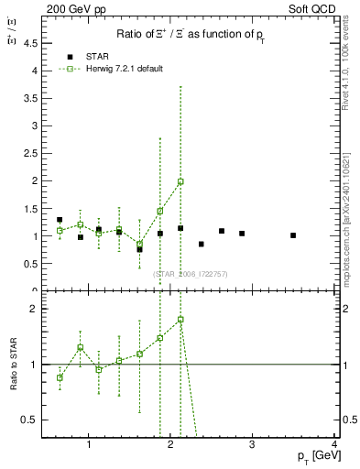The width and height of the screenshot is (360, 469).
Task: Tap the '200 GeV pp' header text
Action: [x=75, y=8]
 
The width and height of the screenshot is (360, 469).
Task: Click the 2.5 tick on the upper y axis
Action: [x=35, y=153]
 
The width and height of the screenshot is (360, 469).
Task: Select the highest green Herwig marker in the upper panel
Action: [x=180, y=181]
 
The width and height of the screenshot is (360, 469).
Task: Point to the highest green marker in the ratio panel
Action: [x=180, y=320]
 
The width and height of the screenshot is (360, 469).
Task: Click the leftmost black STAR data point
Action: [x=60, y=220]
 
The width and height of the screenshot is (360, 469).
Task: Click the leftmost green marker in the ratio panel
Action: [x=60, y=377]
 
